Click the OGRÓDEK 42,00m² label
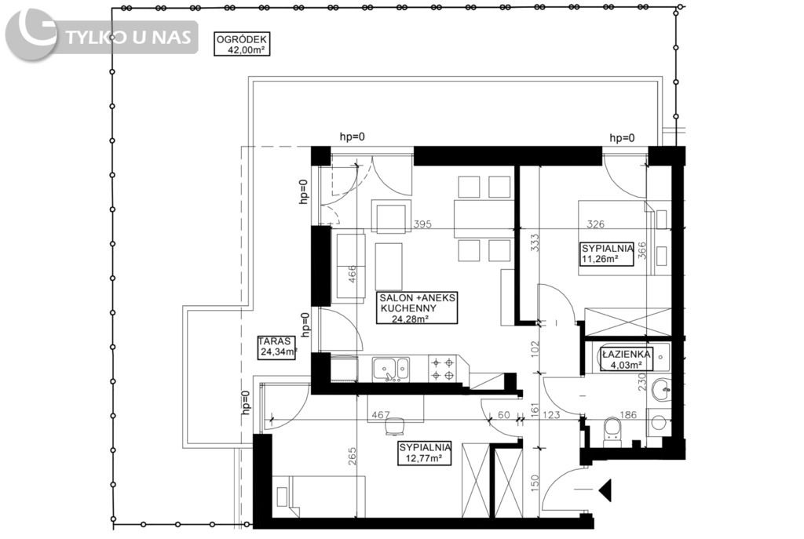242,44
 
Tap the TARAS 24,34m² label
277,346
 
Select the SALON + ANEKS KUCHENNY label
417,308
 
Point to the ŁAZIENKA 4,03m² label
626,359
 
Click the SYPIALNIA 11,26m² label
607,253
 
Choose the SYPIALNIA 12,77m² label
425,453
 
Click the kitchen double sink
391,369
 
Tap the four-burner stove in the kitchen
443,369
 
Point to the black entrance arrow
605,490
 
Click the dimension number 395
422,224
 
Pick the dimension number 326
595,224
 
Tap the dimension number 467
381,414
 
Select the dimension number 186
628,414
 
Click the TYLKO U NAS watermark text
129,38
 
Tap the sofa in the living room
349,267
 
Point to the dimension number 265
352,456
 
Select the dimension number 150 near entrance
535,483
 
